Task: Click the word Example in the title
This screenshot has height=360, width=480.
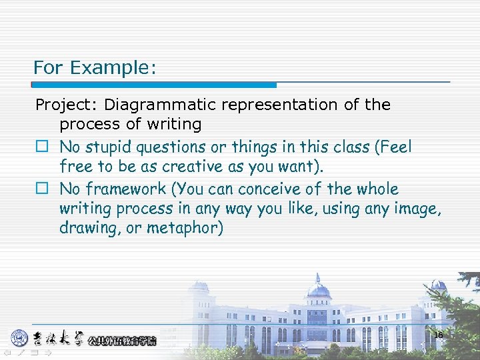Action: click(x=112, y=67)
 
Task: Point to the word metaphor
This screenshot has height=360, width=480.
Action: click(x=191, y=228)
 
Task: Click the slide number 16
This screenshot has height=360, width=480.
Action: click(x=438, y=335)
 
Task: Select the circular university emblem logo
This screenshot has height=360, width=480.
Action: click(x=19, y=338)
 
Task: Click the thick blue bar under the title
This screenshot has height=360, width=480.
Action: click(x=154, y=85)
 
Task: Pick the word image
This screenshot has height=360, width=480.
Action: click(x=417, y=209)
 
